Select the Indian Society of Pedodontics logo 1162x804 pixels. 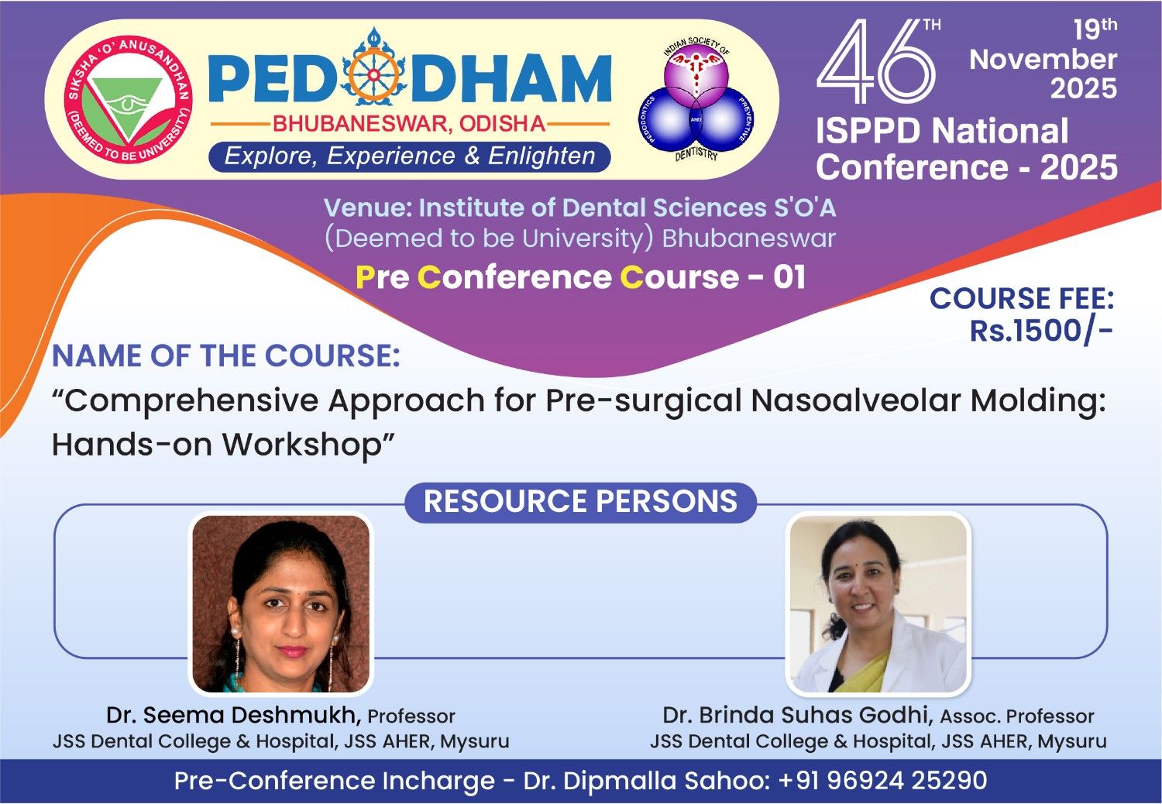tap(696, 98)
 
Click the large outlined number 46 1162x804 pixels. tap(876, 61)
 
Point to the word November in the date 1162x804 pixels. tap(1043, 59)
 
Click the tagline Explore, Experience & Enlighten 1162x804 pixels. tap(410, 156)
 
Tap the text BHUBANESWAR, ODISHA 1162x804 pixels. tap(409, 124)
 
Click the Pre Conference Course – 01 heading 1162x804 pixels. tap(580, 277)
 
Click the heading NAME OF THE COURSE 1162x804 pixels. tap(226, 356)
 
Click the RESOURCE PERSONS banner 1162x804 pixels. tap(580, 502)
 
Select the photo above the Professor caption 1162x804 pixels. tap(281, 604)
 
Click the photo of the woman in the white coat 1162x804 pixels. tap(878, 604)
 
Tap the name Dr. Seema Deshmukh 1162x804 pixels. tap(234, 715)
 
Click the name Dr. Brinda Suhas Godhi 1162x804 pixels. tap(798, 715)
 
